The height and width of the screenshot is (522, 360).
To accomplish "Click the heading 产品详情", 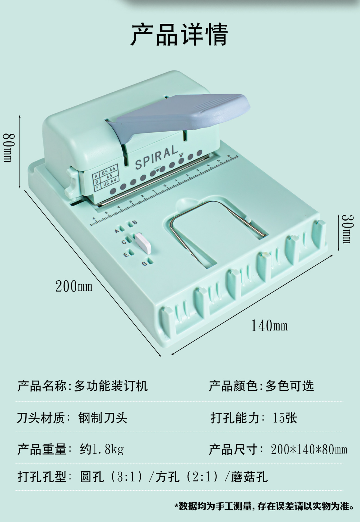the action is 179,35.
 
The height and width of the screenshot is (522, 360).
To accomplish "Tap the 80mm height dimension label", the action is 8,148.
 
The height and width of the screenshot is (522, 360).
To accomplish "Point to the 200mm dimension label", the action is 74,286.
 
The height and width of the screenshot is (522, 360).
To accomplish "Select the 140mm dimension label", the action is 269,326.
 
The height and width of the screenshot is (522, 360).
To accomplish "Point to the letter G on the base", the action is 145,263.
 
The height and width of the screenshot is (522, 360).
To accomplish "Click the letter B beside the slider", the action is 134,223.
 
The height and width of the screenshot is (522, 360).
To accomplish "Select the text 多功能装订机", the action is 111,386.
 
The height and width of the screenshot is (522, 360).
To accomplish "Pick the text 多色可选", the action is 289,386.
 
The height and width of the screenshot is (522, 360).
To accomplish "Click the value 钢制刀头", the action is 103,418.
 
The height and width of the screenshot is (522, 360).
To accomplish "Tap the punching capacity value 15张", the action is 285,418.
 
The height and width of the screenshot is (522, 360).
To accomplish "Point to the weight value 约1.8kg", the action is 102,449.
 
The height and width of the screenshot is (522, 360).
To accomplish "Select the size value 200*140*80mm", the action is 309,450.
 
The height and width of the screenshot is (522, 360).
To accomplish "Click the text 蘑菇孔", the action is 249,477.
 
